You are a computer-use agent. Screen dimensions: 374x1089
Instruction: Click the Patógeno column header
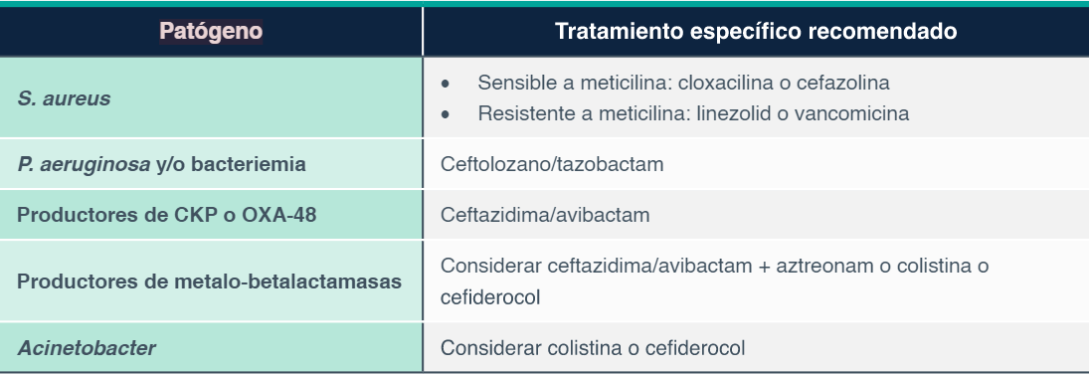point(211,32)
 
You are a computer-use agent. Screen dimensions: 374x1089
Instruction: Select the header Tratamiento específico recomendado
point(756,32)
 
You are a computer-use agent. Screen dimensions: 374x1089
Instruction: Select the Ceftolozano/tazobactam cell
point(552,163)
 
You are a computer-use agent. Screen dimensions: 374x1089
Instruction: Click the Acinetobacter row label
point(88,348)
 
